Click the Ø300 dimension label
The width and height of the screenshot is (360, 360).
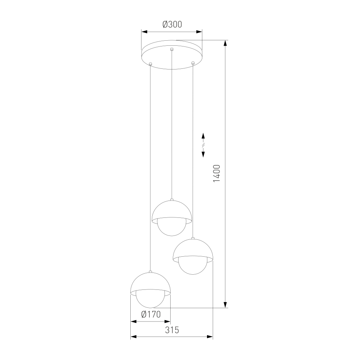(x=172, y=24)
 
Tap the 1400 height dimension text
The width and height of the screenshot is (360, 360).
(x=216, y=174)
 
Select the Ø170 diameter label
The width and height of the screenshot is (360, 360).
(x=151, y=314)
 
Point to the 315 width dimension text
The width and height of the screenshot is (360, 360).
(x=172, y=330)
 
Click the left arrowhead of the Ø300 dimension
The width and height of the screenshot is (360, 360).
(x=144, y=32)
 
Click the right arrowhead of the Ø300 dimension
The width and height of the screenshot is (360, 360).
(x=199, y=32)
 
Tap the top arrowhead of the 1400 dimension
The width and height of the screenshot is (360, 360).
(x=226, y=43)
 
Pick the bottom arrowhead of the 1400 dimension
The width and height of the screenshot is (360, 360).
(x=226, y=305)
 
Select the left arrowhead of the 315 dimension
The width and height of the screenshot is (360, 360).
(x=134, y=337)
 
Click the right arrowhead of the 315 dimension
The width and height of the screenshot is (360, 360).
(x=210, y=337)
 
